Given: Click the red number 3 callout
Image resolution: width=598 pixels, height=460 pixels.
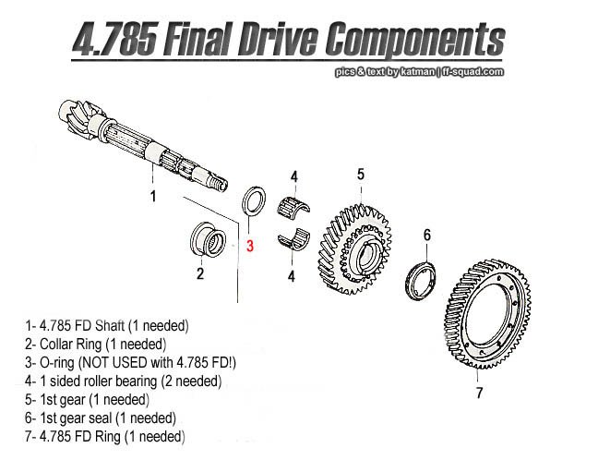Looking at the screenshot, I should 249,246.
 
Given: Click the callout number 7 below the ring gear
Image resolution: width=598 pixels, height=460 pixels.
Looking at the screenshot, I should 479,393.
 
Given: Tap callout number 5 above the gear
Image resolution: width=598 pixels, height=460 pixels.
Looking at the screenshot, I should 361,174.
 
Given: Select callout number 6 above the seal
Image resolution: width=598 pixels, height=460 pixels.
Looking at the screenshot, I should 426,236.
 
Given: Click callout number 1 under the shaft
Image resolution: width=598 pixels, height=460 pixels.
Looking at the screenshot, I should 153,196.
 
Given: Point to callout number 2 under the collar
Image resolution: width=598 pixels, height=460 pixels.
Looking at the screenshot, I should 199,272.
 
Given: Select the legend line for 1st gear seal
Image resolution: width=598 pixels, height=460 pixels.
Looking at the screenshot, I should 102,418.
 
